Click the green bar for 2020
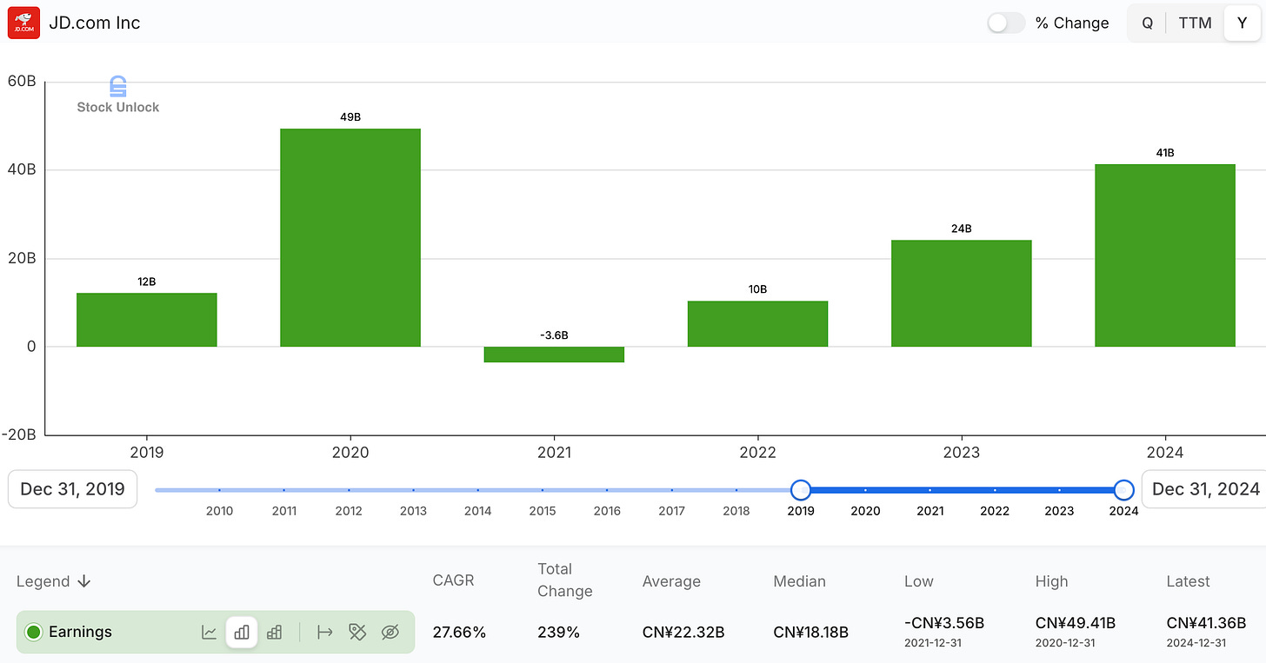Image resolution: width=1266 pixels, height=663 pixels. point(350,237)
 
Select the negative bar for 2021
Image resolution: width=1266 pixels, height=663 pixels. point(554,355)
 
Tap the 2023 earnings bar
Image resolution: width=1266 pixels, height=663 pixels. point(961,293)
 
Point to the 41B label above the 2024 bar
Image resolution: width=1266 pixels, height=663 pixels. point(1164,153)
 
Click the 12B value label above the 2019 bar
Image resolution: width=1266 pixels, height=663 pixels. point(146,282)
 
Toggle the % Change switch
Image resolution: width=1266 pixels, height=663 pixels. point(1006,23)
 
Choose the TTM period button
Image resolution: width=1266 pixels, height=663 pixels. point(1195,23)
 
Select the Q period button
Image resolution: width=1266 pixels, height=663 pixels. point(1147,23)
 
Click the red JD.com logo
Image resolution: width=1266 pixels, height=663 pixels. point(23,23)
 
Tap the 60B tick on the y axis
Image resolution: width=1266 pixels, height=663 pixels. point(21,82)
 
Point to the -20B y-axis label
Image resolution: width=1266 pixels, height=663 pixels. point(18,434)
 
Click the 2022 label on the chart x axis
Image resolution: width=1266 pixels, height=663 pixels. point(757,453)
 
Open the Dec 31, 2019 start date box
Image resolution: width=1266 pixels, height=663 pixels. point(72,489)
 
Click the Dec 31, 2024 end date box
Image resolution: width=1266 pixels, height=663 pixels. point(1205,489)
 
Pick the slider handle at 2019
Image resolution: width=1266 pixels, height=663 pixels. point(801,490)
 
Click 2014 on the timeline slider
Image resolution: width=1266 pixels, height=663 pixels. point(477,511)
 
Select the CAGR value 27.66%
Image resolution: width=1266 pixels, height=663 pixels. point(459,632)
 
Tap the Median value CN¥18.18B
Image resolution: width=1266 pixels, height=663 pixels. point(810,632)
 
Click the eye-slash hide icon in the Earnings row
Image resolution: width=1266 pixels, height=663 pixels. point(390,632)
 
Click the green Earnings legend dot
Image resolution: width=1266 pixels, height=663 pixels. point(34,632)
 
